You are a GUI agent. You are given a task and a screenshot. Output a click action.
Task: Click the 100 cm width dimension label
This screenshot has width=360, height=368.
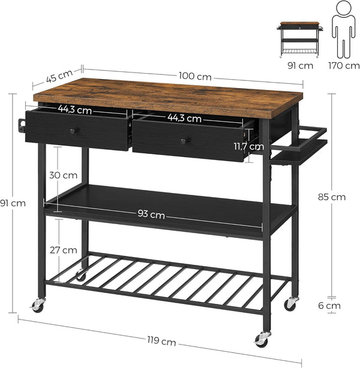coord(195,76)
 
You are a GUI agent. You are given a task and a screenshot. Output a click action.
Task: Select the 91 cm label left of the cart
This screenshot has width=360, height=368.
coord(13,203)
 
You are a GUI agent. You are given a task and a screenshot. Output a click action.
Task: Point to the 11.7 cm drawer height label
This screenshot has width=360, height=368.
coord(248,146)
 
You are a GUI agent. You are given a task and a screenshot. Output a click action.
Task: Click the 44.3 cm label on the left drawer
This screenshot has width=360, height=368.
coord(75,110)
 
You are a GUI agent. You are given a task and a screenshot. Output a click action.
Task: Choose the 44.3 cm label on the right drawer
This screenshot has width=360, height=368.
coord(185,118)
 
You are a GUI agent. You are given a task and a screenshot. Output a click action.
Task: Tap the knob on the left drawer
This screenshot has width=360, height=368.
coord(73,131)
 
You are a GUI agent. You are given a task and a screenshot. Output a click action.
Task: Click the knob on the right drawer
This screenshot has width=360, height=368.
coord(184,140)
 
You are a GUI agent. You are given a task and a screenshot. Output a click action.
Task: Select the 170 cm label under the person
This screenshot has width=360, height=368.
coord(344,65)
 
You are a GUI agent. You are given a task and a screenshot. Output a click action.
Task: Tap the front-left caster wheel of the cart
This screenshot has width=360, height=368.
coord(38,306)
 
